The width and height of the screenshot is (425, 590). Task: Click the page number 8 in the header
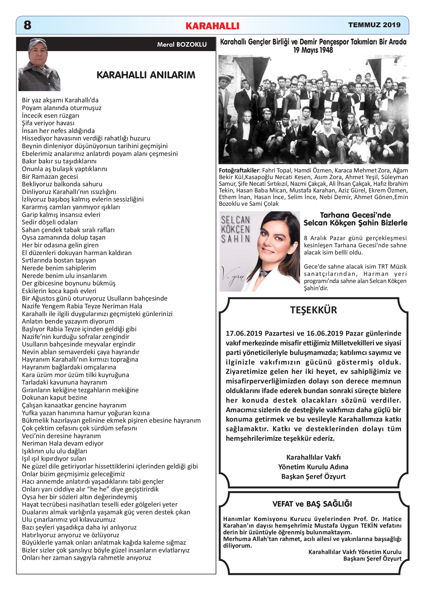coord(27,25)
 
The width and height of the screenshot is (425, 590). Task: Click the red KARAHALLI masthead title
coord(212,26)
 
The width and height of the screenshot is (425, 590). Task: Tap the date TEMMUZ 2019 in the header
coord(374,25)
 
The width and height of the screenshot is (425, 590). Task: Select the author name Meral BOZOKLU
coord(182,45)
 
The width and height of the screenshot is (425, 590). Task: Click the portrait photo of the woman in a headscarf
coord(39,65)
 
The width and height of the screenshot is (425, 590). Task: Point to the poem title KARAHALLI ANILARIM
coord(146,75)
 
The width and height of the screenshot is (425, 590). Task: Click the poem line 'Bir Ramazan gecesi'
coord(50,176)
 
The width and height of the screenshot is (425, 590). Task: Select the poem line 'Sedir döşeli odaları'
coord(50,222)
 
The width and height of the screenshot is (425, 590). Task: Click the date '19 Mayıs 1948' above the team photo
coord(313,50)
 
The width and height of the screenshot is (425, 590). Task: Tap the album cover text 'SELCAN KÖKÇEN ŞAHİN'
coord(235,229)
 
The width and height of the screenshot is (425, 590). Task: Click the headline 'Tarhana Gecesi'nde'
coord(355,215)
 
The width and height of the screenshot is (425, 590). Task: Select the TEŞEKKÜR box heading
coord(313,310)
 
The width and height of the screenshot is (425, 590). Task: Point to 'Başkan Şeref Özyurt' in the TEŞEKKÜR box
coord(313,476)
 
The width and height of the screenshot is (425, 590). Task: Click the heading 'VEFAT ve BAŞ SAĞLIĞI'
coord(312,504)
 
